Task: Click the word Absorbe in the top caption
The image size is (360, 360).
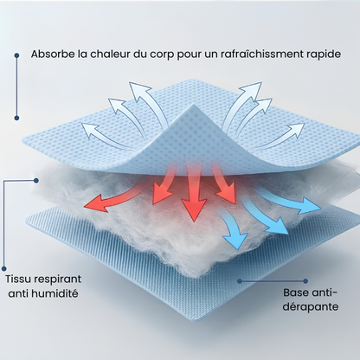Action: coord(53,54)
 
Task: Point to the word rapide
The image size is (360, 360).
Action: coord(323,55)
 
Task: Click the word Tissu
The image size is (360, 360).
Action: coord(17,279)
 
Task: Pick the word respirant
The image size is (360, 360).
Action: coord(57,280)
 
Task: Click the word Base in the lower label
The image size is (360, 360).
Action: coord(296,292)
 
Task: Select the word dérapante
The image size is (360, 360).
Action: coord(311,306)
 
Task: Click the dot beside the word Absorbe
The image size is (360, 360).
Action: coord(16,55)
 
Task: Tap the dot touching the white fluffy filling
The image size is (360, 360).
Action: coord(36,181)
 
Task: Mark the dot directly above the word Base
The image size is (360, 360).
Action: coord(305,281)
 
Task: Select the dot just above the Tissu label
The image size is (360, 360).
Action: coord(4,268)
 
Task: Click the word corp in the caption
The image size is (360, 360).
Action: coord(162,55)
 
